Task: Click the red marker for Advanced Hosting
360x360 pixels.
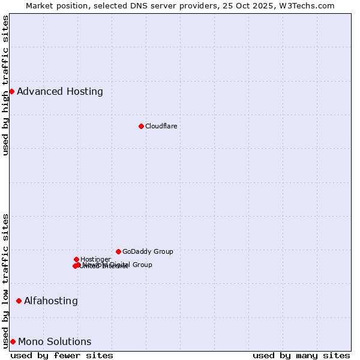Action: (11, 91)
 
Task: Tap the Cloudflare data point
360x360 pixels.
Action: (141, 126)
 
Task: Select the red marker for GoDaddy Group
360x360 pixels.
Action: (118, 251)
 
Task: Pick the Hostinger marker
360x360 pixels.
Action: (76, 259)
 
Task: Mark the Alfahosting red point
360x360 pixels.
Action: (19, 301)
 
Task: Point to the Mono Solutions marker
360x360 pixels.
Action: (13, 341)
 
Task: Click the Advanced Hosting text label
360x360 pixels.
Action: (59, 91)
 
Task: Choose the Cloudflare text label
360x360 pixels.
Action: (161, 126)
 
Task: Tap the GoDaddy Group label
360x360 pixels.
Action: (148, 251)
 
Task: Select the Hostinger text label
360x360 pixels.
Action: (95, 259)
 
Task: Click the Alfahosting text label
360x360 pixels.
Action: (50, 301)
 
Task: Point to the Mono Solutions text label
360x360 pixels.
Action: (55, 341)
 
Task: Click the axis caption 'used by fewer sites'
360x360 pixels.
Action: (62, 355)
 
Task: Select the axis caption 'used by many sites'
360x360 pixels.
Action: (301, 355)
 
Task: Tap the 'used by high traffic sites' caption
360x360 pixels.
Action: (5, 85)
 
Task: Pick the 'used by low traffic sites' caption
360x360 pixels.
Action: (5, 281)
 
